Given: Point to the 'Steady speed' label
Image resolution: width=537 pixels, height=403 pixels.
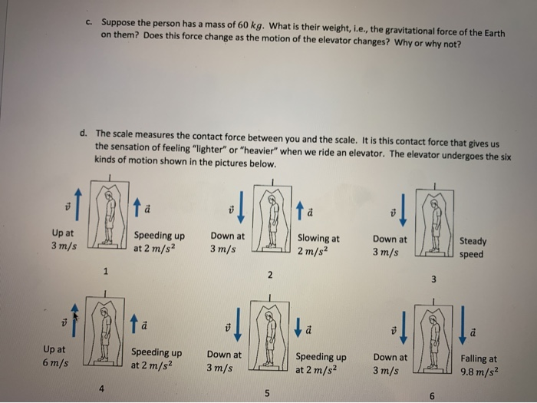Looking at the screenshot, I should [472, 247].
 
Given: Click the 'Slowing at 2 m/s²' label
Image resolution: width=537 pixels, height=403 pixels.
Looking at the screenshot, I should [318, 245].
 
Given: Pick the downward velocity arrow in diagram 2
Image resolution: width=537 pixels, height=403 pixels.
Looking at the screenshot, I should [241, 203].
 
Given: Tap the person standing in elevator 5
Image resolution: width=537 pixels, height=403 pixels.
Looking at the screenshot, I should [268, 335].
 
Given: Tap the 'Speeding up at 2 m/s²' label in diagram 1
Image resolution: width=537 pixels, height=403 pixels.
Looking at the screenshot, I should [159, 242].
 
